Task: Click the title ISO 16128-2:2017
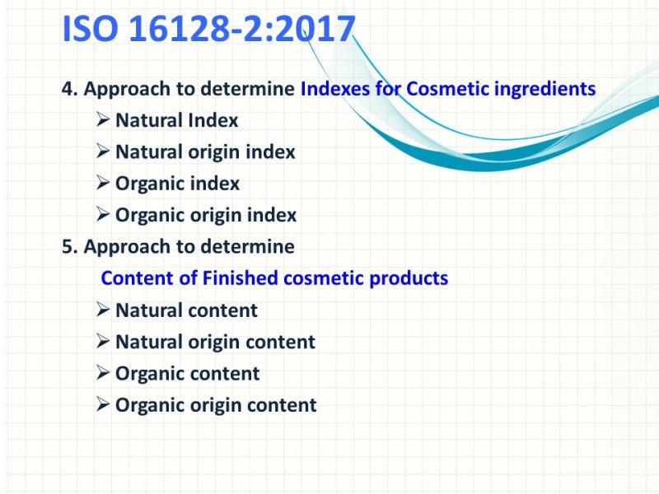208,30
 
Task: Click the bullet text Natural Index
176,120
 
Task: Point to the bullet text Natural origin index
205,151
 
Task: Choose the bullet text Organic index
177,184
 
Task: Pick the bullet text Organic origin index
206,215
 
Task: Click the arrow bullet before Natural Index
103,120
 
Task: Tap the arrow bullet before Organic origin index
103,215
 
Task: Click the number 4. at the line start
69,89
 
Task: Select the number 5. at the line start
69,246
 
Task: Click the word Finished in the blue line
240,278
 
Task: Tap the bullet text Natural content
186,310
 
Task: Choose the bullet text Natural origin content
215,342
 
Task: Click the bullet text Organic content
187,374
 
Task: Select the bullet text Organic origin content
216,405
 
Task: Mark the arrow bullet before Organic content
103,374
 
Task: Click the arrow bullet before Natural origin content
103,342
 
